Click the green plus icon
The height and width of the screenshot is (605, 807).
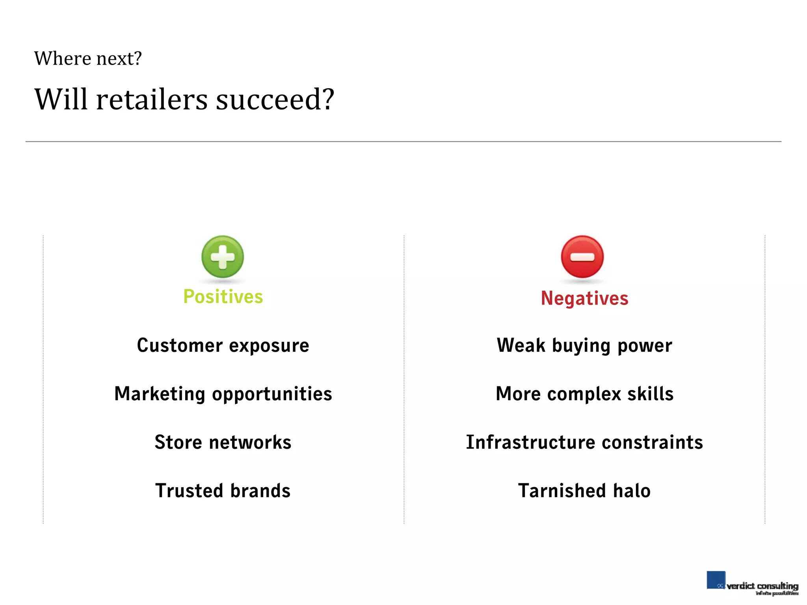coord(223,257)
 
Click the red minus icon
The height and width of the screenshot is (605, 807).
coord(582,257)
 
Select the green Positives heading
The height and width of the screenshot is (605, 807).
coord(223,297)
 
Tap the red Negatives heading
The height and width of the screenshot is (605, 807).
coord(584,298)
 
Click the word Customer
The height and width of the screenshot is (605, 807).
coord(180,345)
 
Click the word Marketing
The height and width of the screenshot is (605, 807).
coord(160,394)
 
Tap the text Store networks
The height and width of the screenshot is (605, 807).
coord(223,442)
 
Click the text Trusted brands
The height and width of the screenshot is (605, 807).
coord(223,491)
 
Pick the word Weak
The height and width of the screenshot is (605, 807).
coord(521,345)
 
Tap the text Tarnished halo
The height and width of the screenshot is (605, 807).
coord(584,491)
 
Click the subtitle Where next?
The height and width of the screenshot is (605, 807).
coord(88,59)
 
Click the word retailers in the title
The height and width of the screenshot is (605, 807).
coord(152,99)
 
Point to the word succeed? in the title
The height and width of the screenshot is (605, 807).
coord(275,99)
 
